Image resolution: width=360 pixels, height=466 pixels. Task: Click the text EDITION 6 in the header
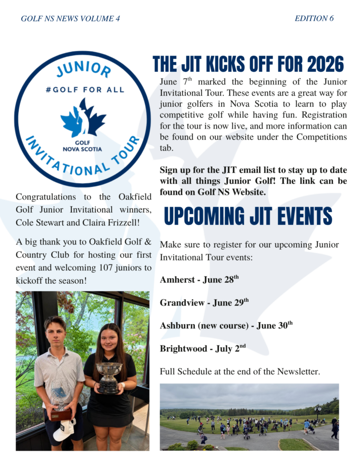(x=314, y=18)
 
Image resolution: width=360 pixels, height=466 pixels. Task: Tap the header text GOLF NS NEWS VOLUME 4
(x=70, y=18)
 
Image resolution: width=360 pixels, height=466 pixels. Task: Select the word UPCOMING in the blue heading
(x=205, y=216)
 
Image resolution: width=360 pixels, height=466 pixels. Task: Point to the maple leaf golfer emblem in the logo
(x=83, y=118)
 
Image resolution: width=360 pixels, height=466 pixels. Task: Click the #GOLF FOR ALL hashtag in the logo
(x=85, y=90)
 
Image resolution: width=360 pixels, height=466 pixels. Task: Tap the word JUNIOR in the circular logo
(x=84, y=69)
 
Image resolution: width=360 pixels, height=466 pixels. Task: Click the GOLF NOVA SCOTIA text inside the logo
(x=82, y=146)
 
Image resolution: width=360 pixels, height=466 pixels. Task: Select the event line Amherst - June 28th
(x=199, y=279)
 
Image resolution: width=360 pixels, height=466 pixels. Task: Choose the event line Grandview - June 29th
(x=205, y=302)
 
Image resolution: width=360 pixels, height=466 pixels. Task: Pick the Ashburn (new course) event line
(x=226, y=325)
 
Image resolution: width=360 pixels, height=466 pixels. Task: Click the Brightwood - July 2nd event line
(x=203, y=348)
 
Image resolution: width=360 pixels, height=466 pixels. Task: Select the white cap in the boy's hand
(x=64, y=430)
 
